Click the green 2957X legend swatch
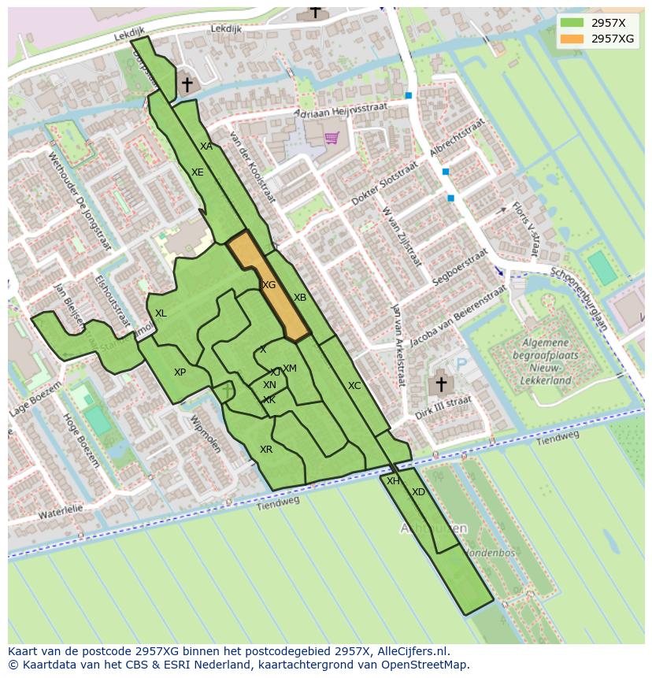pyautogui.click(x=572, y=23)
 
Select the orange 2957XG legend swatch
pyautogui.click(x=572, y=39)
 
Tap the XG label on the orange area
pyautogui.click(x=269, y=285)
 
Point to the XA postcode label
pyautogui.click(x=206, y=146)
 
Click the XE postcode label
pyautogui.click(x=198, y=172)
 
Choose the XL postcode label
pyautogui.click(x=161, y=313)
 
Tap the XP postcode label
pyautogui.click(x=180, y=372)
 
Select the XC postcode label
pyautogui.click(x=354, y=386)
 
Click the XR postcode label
pyautogui.click(x=266, y=450)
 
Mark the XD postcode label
pyautogui.click(x=418, y=492)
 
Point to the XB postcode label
pyautogui.click(x=300, y=298)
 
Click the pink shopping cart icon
pyautogui.click(x=332, y=138)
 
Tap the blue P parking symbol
pyautogui.click(x=461, y=364)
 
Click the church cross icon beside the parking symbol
pyautogui.click(x=441, y=384)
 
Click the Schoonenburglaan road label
pyautogui.click(x=579, y=296)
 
